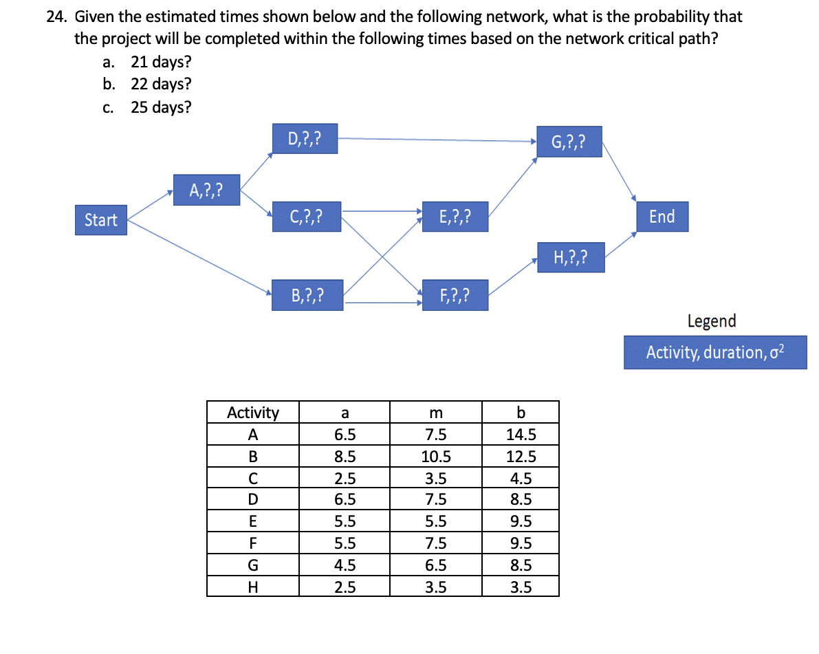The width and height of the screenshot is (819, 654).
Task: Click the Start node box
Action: (x=101, y=220)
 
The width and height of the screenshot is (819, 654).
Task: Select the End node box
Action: (x=662, y=217)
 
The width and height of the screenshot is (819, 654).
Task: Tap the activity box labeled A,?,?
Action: (x=206, y=190)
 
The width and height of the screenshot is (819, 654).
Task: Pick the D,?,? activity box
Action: (x=303, y=139)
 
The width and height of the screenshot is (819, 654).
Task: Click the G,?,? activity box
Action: (x=569, y=142)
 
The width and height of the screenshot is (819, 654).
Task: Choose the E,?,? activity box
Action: (x=455, y=217)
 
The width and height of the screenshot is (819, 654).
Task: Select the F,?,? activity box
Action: (x=455, y=296)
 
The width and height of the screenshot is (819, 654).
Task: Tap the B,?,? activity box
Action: (x=307, y=296)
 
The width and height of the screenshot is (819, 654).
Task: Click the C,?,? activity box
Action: (x=306, y=217)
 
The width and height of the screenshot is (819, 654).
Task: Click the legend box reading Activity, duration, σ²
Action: (x=715, y=352)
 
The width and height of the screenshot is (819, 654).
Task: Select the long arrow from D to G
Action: (x=437, y=140)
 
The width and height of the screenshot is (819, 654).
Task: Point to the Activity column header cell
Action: (x=253, y=413)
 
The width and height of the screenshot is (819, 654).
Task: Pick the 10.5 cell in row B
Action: (x=435, y=457)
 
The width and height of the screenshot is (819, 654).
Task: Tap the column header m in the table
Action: (x=435, y=413)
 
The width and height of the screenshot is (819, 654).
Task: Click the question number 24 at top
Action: (x=56, y=17)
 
